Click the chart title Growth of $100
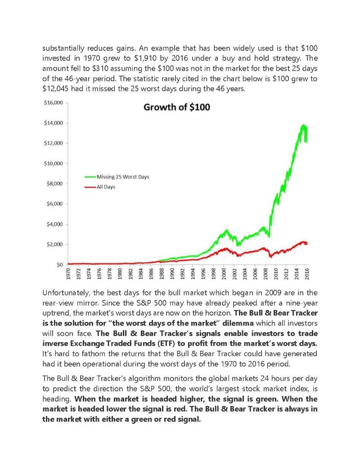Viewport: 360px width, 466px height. (177, 107)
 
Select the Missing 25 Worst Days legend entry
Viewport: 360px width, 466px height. (117, 177)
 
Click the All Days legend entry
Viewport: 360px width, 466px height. (100, 187)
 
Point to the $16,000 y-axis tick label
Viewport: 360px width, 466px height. (54, 103)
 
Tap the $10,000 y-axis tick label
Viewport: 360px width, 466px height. (54, 163)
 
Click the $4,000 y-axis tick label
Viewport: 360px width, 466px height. (54, 224)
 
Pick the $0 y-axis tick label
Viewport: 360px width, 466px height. (60, 264)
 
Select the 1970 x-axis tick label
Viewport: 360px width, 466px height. (68, 273)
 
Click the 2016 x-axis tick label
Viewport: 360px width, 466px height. (307, 273)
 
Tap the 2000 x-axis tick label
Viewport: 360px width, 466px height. (224, 273)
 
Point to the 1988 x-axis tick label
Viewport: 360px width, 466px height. (162, 273)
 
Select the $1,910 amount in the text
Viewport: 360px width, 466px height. (145, 58)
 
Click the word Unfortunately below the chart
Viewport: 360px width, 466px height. (66, 293)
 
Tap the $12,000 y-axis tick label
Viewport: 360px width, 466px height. (54, 143)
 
